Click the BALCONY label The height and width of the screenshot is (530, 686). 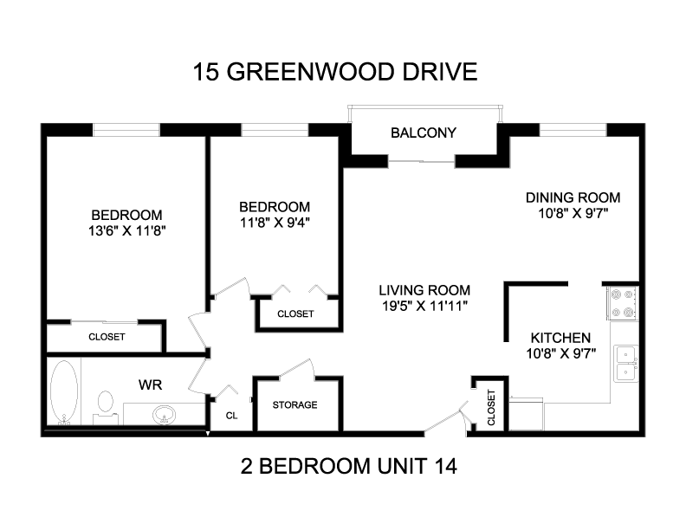423,132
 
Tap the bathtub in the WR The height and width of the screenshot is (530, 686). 64,391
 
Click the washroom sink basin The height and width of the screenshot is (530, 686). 164,415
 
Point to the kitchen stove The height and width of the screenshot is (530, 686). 622,302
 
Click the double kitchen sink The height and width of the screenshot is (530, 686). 625,364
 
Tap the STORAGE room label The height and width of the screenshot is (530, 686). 294,405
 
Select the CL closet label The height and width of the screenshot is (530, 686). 231,416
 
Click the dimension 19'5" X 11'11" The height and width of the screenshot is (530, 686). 424,306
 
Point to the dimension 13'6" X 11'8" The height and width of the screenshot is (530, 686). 126,231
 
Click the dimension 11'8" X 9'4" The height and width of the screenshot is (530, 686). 275,223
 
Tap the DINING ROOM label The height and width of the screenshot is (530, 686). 573,197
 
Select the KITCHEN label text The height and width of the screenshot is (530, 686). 560,338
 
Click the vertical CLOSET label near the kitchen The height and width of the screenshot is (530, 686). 491,408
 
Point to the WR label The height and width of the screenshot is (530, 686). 150,385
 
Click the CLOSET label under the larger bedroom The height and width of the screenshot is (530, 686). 107,337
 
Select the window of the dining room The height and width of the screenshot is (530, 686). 573,130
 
